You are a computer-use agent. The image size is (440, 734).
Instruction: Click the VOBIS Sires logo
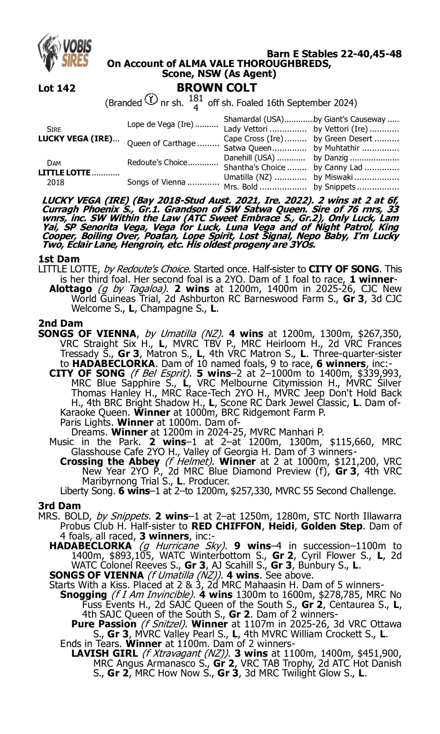[65, 53]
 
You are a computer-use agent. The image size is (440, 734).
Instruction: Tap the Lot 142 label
[57, 88]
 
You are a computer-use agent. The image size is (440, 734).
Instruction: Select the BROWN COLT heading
[217, 87]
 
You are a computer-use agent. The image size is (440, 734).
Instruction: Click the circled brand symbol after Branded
[151, 99]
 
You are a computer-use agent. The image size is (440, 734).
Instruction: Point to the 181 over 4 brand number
[196, 103]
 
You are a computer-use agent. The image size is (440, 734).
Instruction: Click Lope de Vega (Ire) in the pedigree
[160, 124]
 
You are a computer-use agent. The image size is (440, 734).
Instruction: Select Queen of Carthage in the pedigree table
[161, 143]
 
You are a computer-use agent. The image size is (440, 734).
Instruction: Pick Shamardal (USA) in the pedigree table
[254, 119]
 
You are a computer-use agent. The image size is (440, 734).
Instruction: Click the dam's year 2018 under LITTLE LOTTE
[55, 182]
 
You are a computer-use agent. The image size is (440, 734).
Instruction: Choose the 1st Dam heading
[59, 259]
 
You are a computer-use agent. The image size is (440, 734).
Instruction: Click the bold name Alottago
[71, 289]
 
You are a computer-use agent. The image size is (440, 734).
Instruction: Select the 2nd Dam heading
[60, 323]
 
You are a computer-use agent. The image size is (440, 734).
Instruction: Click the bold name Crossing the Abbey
[110, 461]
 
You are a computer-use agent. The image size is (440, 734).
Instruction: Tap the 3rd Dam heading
[59, 506]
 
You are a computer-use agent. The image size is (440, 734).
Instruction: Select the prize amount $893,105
[131, 555]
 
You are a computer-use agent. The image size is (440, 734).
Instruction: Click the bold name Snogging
[83, 595]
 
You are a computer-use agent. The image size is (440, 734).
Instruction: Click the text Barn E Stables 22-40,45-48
[334, 54]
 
